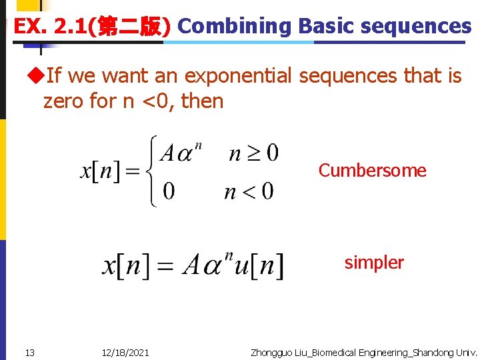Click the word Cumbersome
pyautogui.click(x=372, y=171)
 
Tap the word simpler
pyautogui.click(x=374, y=263)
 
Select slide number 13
pyautogui.click(x=30, y=352)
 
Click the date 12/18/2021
pyautogui.click(x=126, y=352)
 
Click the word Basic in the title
pyautogui.click(x=324, y=26)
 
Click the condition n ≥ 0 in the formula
pyautogui.click(x=253, y=154)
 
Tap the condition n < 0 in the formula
pyautogui.click(x=249, y=192)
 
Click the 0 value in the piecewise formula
pyautogui.click(x=169, y=192)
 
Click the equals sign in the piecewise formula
pyautogui.click(x=133, y=172)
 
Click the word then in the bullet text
pyautogui.click(x=202, y=101)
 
